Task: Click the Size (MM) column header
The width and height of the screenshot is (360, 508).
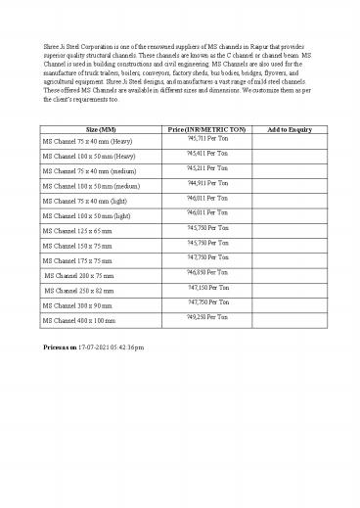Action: point(99,129)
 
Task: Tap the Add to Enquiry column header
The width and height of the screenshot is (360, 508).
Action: point(289,129)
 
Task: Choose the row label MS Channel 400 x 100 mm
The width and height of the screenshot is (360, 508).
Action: point(77,320)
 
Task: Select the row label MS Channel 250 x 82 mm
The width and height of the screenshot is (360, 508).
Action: point(77,291)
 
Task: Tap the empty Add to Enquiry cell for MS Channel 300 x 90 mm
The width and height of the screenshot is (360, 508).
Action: point(289,304)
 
